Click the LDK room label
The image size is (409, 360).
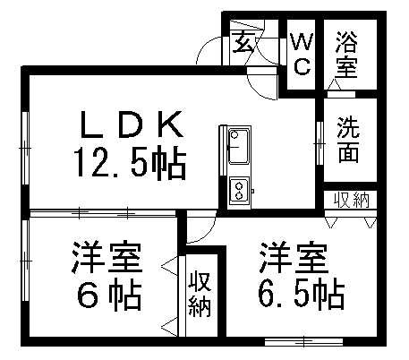coord(132,124)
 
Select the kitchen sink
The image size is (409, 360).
coord(239,147)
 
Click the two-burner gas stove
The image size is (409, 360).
coord(239,191)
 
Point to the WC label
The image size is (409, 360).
coord(302,54)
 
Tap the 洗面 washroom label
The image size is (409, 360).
coord(348,140)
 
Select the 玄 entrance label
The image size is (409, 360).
coord(244,42)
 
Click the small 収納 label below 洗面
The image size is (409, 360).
coord(352,200)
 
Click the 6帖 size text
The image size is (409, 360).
coord(109,296)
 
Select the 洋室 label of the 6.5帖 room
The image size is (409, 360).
coord(294,258)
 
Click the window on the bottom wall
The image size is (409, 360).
coord(303,341)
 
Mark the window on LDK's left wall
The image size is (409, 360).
coord(26,148)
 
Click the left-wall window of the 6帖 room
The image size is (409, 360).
coord(26,261)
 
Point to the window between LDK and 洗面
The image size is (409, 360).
coord(320,143)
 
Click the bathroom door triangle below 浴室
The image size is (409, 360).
coord(334,84)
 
